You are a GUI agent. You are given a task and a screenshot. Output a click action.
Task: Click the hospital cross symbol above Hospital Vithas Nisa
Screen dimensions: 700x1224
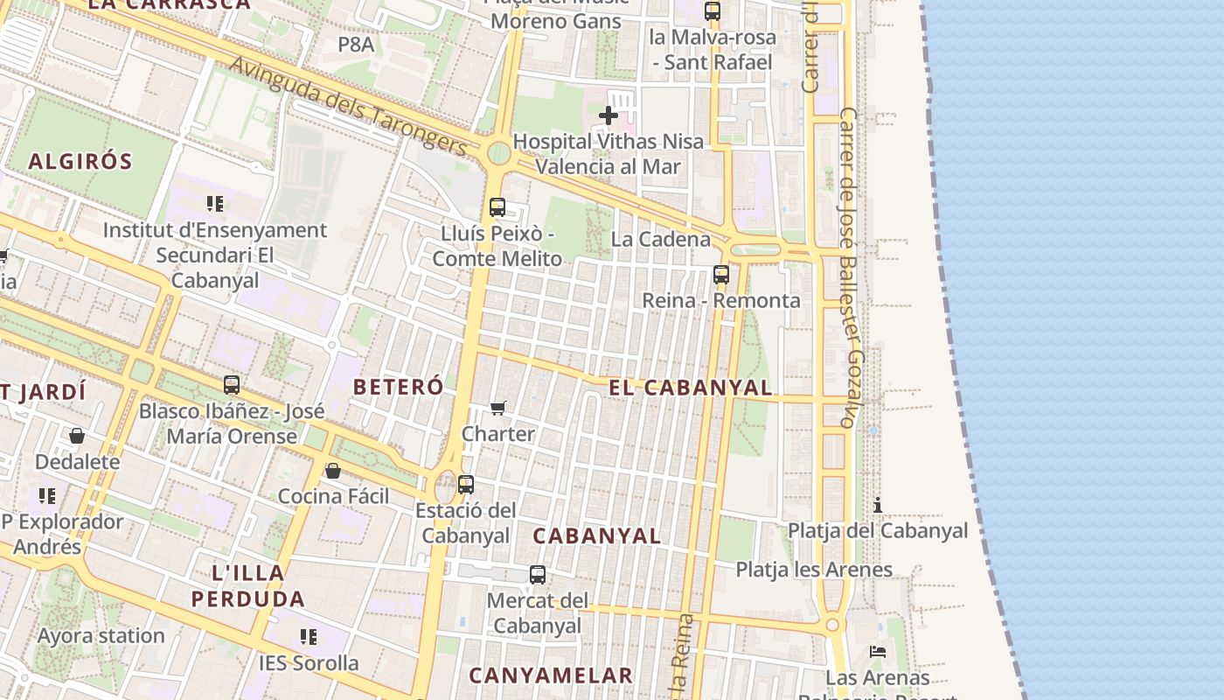[x=609, y=115]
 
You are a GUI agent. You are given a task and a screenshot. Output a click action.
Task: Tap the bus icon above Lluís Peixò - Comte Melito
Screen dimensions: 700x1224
[x=497, y=207]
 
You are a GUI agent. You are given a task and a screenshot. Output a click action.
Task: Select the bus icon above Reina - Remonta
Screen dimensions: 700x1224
[x=721, y=274]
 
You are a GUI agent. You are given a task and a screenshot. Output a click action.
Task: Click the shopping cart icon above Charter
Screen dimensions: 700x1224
[x=498, y=408]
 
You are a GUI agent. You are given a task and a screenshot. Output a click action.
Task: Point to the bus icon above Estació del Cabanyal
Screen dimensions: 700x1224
[x=466, y=484]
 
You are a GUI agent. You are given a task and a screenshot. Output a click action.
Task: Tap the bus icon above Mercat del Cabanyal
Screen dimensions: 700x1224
[x=538, y=575]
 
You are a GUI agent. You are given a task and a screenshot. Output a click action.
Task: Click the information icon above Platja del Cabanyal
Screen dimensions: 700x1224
[x=878, y=505]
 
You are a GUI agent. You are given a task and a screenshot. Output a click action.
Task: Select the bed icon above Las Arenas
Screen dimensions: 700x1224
[x=878, y=652]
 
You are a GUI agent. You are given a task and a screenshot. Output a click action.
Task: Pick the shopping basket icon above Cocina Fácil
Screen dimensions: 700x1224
[x=332, y=471]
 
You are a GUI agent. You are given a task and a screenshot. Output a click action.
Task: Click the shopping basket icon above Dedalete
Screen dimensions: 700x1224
[x=77, y=436]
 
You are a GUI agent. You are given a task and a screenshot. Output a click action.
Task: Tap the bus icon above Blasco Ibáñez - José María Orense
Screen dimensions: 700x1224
[x=232, y=384]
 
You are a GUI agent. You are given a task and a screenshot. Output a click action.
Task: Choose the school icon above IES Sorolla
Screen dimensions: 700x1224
[x=308, y=637]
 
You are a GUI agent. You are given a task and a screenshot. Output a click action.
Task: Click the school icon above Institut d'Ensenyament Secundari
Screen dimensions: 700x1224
[x=215, y=204]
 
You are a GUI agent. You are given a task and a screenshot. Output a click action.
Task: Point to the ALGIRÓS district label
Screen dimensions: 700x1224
[x=80, y=161]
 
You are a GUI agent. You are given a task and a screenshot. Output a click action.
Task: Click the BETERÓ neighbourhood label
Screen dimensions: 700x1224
[x=398, y=387]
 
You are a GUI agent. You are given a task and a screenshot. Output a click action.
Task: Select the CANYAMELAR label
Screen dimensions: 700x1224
[x=551, y=675]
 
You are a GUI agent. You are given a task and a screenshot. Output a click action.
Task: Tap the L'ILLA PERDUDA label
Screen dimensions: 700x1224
[x=248, y=586]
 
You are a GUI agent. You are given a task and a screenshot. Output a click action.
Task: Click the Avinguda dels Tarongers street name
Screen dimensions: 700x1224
[x=349, y=105]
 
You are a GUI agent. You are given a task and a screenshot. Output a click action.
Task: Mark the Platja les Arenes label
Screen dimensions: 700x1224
[x=814, y=570]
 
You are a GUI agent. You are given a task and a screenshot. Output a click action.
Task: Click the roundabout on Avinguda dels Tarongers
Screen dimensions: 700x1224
[x=498, y=153]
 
